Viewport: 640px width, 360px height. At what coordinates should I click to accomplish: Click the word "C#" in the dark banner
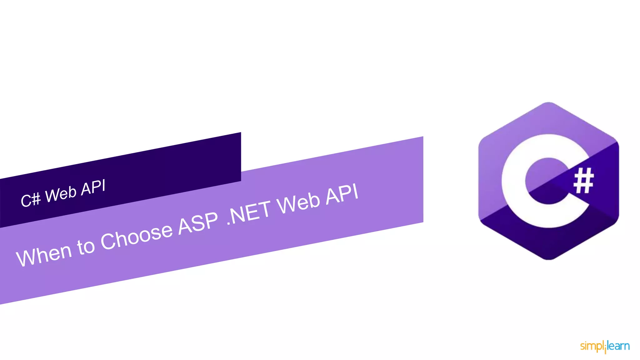tap(31, 199)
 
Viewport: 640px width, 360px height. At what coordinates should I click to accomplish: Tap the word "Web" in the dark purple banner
tap(61, 194)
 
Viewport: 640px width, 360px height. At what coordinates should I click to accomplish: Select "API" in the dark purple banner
tap(93, 187)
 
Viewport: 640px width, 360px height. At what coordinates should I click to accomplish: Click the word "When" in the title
tap(44, 255)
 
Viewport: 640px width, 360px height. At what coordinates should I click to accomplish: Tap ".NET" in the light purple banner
tap(249, 212)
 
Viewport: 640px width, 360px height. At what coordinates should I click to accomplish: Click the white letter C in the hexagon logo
tap(512, 181)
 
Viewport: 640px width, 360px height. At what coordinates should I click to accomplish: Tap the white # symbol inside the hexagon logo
tap(583, 180)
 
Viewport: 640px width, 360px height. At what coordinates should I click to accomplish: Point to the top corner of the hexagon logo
tap(549, 102)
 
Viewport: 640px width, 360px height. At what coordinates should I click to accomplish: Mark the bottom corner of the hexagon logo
tap(549, 259)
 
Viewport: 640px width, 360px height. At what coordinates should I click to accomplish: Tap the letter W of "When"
tap(26, 258)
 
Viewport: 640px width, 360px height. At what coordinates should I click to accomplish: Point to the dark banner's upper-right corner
tap(241, 132)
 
